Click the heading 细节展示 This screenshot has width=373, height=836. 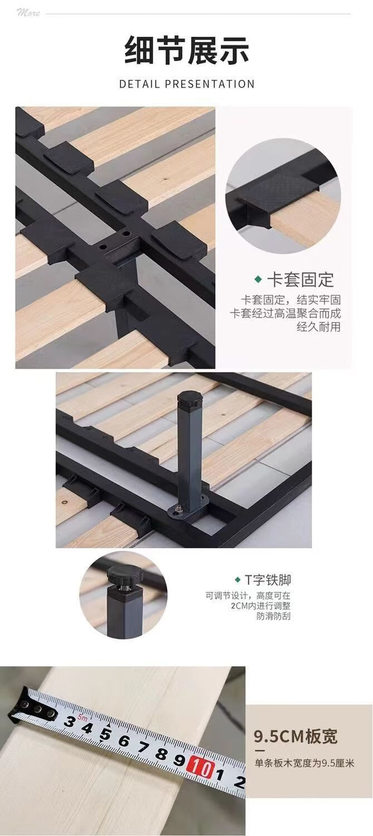(x=186, y=50)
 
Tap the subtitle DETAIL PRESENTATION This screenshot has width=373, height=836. (x=186, y=84)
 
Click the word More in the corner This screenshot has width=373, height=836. (x=28, y=13)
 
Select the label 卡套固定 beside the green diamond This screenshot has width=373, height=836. (x=301, y=280)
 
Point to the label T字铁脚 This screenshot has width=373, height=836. (x=268, y=580)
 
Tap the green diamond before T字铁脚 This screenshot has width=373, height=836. (x=237, y=580)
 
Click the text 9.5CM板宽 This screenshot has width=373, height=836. (x=296, y=736)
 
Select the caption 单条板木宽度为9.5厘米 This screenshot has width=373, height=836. (x=304, y=763)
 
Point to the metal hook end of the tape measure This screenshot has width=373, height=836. (x=31, y=705)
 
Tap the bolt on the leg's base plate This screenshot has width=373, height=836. (x=179, y=508)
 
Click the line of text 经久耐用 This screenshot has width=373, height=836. (x=318, y=327)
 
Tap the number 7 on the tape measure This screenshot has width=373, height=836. (x=143, y=746)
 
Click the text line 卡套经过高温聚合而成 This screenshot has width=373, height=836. (x=285, y=313)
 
